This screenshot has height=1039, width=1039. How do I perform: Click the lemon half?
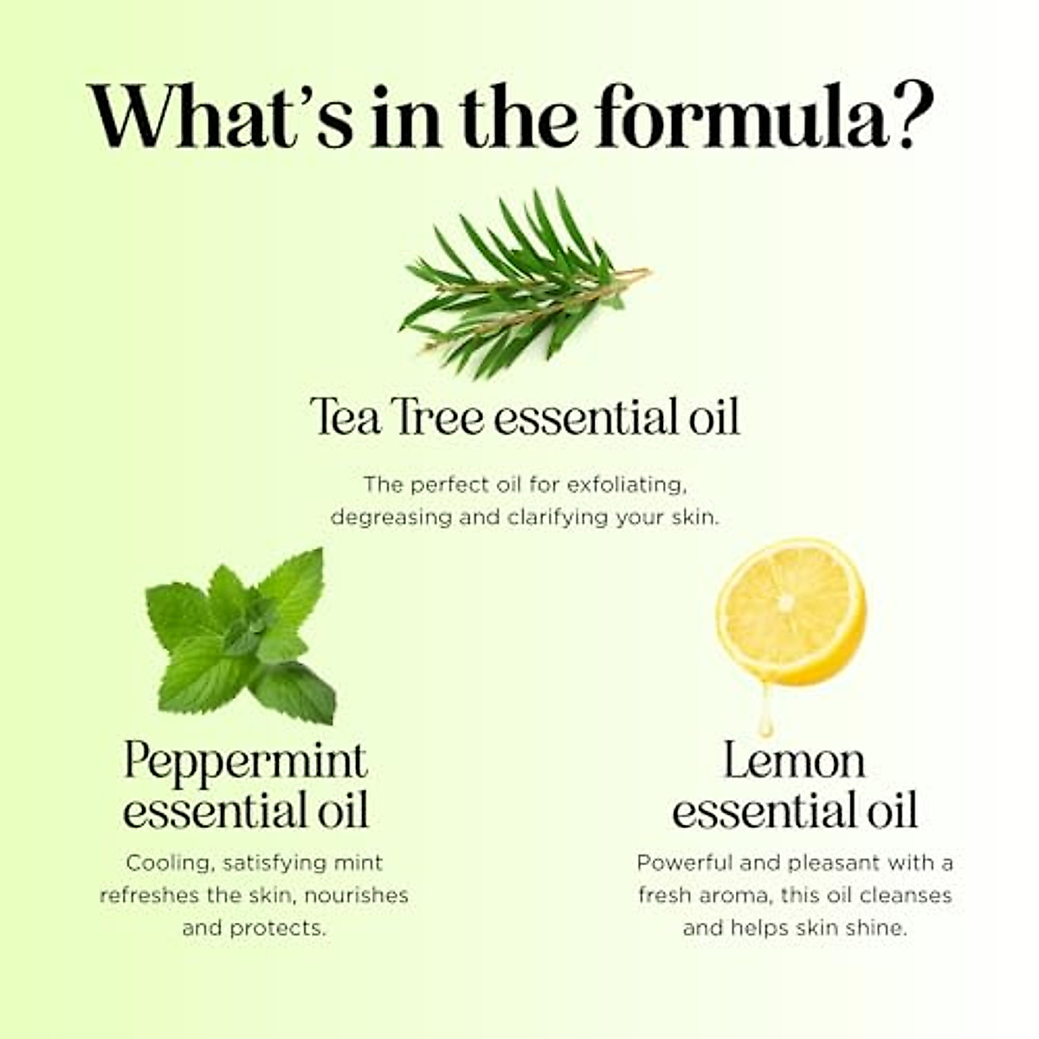click(x=791, y=610)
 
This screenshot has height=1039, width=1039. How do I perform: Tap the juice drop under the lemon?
click(x=765, y=719)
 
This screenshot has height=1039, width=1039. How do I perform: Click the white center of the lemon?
click(x=785, y=602)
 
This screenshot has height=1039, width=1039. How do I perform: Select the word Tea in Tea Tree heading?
click(x=345, y=417)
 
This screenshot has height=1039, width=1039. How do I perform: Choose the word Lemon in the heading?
click(x=794, y=762)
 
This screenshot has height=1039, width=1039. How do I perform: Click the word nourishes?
click(x=356, y=895)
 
